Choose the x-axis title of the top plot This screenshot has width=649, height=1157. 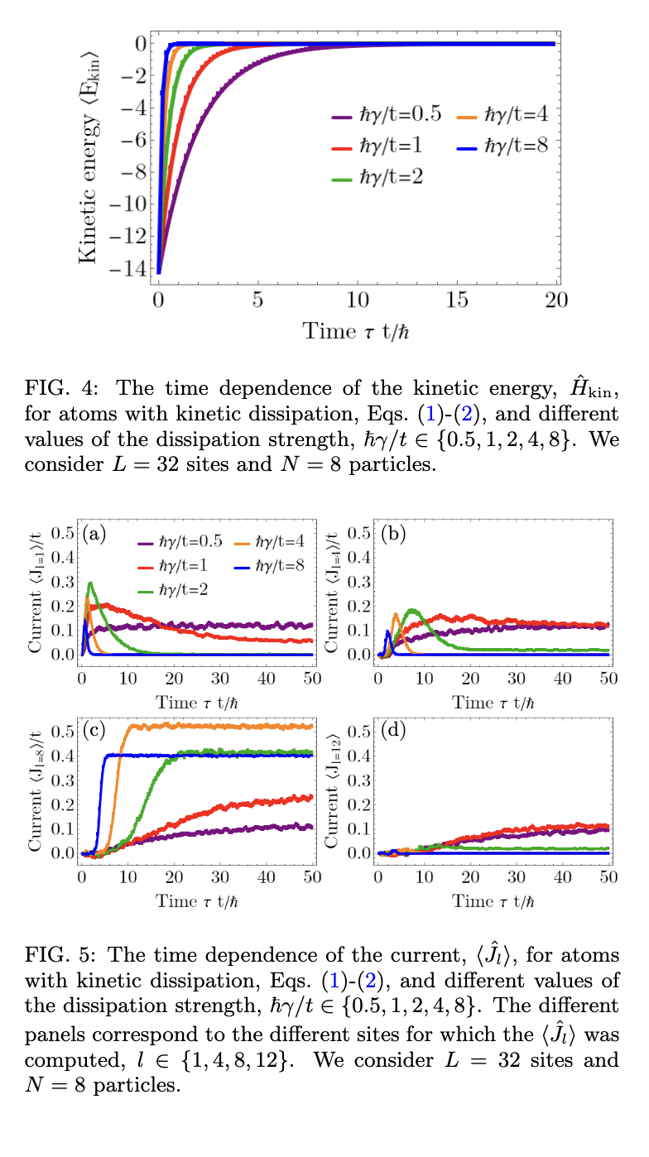(358, 332)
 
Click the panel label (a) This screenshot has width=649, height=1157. (95, 534)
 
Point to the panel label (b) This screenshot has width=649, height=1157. (392, 534)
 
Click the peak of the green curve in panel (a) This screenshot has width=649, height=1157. (89, 583)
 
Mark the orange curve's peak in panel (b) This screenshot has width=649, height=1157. (396, 614)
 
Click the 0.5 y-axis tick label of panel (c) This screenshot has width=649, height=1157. (63, 731)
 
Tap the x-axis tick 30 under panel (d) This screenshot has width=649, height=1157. (516, 876)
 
